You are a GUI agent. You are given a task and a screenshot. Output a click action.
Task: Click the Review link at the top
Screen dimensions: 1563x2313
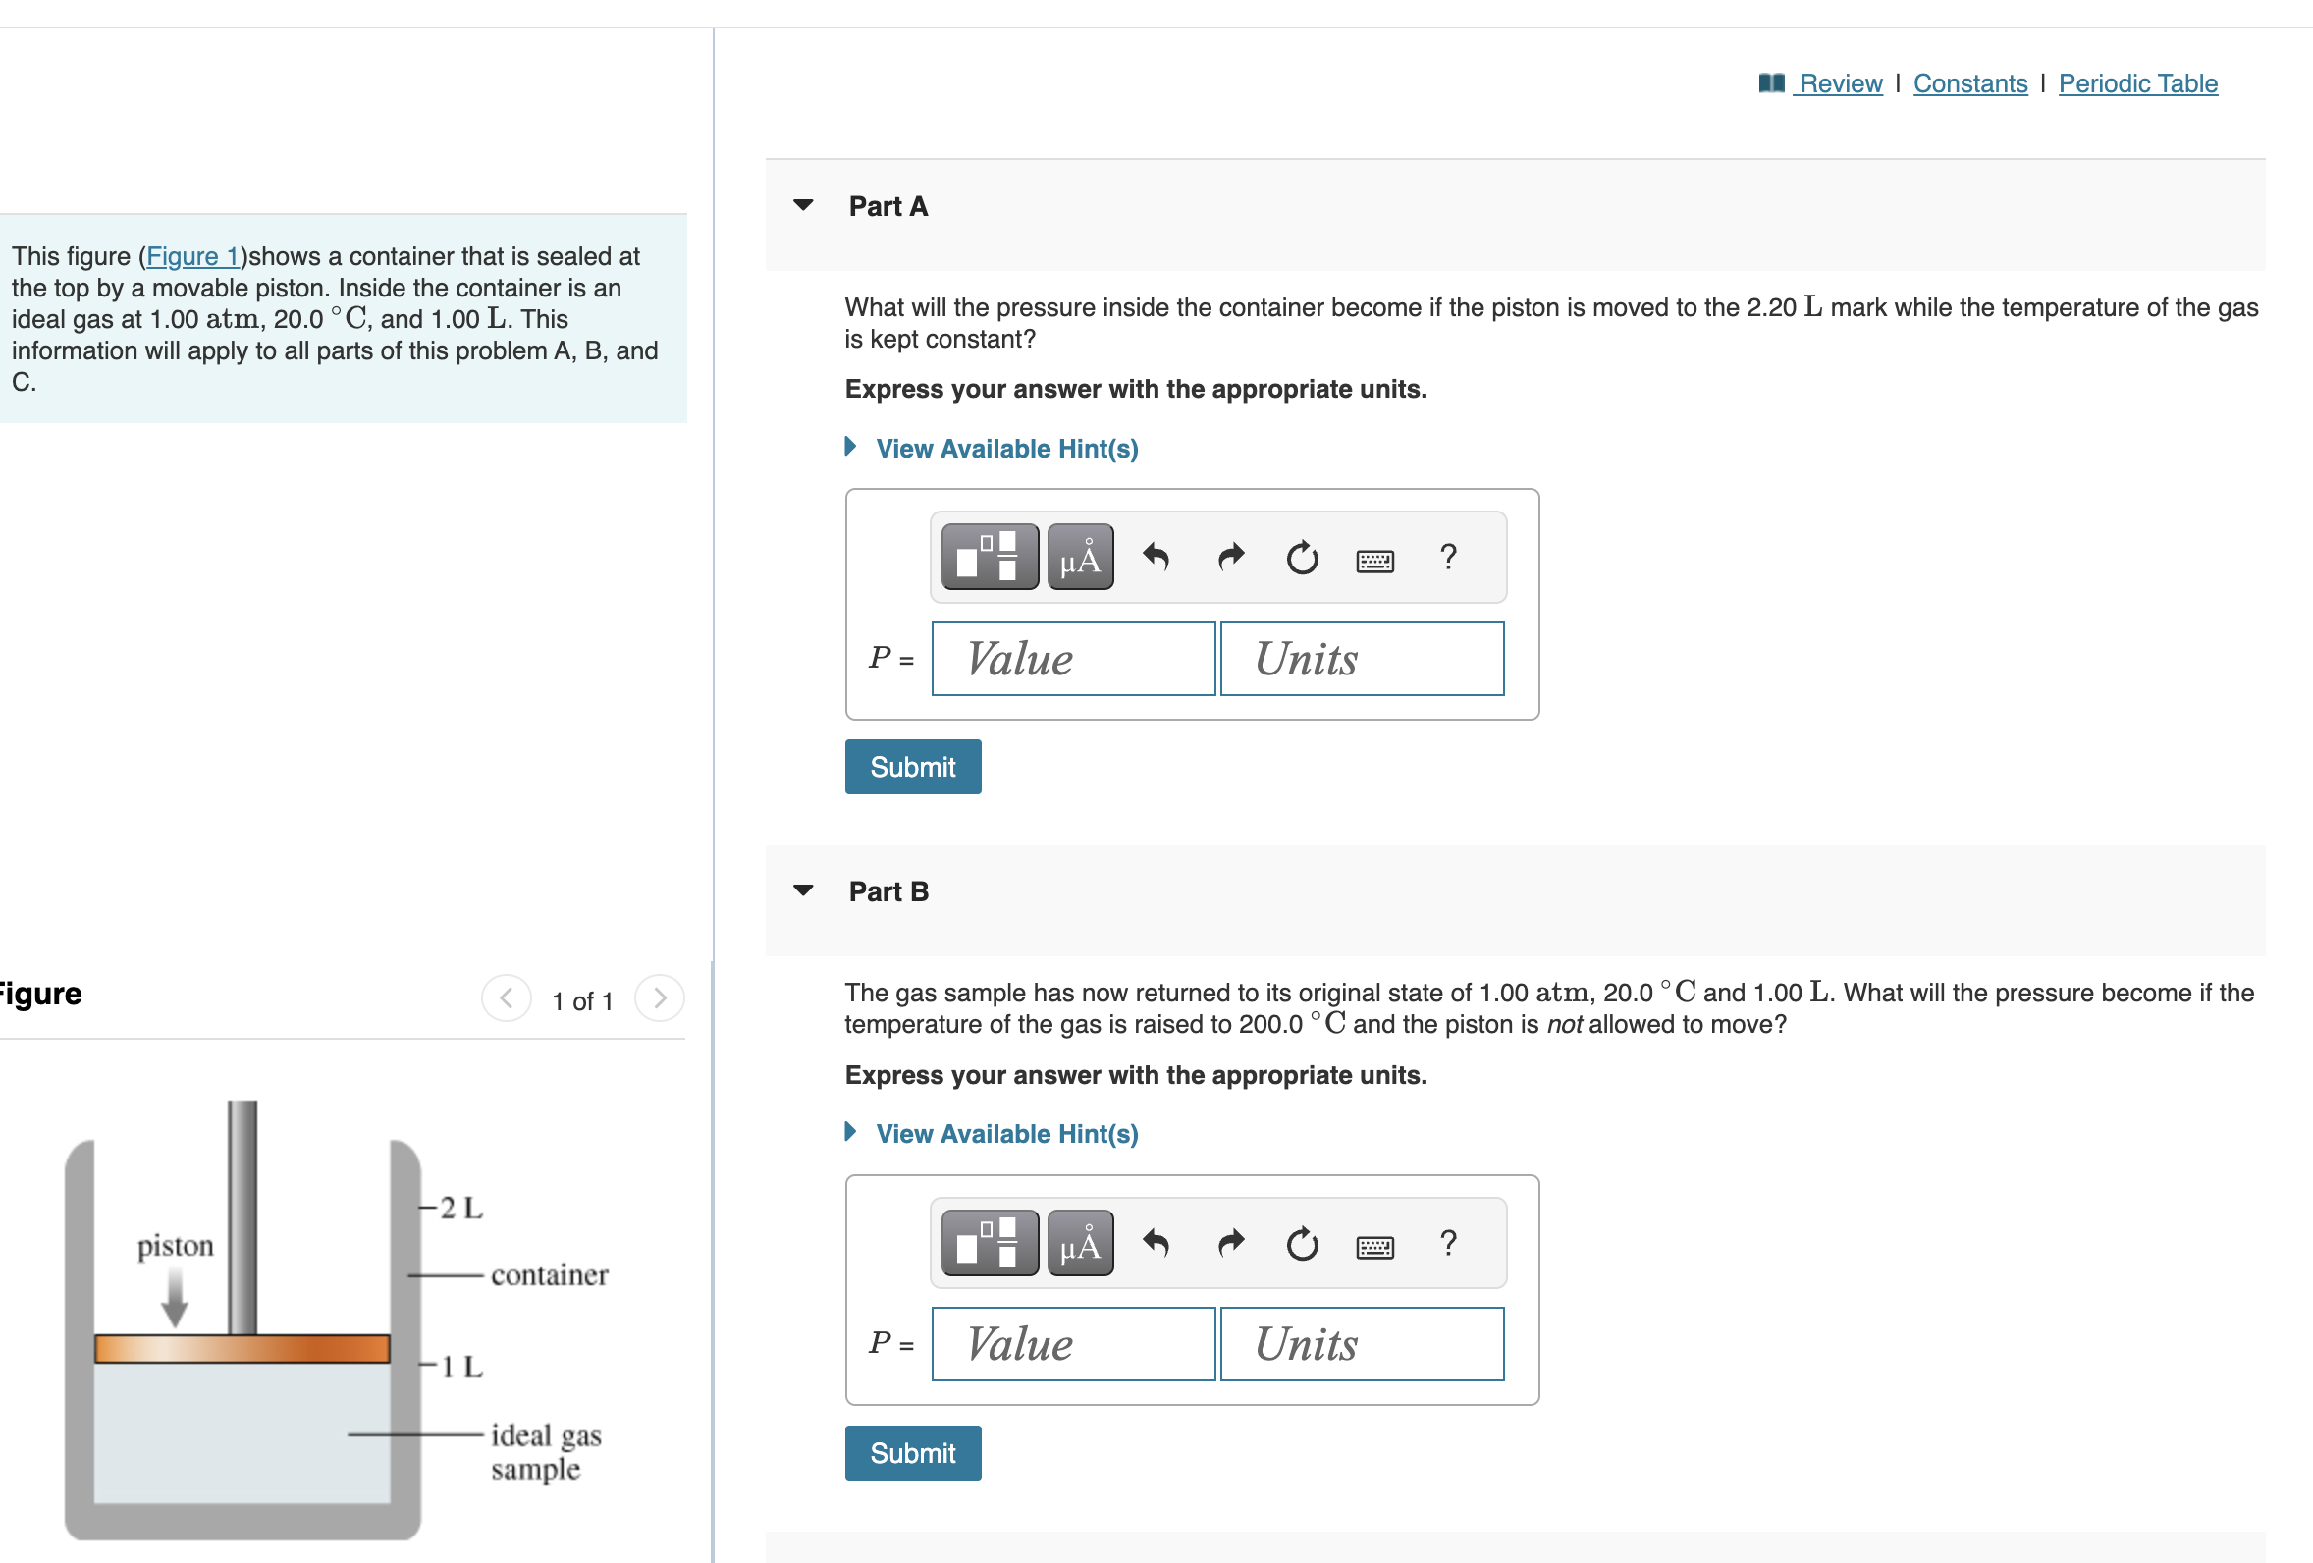coord(1839,83)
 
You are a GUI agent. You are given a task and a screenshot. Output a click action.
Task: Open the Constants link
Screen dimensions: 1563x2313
coord(1969,83)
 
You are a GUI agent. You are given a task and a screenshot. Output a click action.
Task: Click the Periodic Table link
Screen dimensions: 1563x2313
coord(2137,83)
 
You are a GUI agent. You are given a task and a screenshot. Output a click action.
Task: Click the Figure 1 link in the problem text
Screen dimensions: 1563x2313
coord(192,257)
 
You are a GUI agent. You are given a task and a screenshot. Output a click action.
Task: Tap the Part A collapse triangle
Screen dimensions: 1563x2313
coord(803,206)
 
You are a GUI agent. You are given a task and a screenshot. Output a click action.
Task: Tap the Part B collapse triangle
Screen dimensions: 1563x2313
coord(803,891)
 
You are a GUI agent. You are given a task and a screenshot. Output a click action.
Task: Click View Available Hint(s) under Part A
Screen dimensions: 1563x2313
coord(1006,449)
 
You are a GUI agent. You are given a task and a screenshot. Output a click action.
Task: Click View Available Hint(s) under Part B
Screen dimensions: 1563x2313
coord(1006,1134)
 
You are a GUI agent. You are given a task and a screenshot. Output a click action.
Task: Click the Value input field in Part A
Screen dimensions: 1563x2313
coord(1073,659)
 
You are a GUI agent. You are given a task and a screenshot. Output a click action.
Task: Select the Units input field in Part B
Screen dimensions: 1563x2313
coord(1362,1344)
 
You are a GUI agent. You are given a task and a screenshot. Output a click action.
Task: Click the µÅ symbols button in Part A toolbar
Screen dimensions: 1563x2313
coord(1080,558)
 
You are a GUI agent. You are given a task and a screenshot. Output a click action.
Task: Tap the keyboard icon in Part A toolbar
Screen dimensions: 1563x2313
coord(1374,561)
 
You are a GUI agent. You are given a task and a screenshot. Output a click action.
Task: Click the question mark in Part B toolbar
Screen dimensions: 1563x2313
coord(1448,1242)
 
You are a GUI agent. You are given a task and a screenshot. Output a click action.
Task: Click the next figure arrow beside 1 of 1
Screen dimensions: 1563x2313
coord(659,998)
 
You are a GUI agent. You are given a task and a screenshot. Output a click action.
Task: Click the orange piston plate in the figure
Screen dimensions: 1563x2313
coord(242,1348)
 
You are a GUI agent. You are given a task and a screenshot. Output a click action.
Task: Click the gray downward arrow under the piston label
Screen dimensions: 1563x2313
coord(175,1300)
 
